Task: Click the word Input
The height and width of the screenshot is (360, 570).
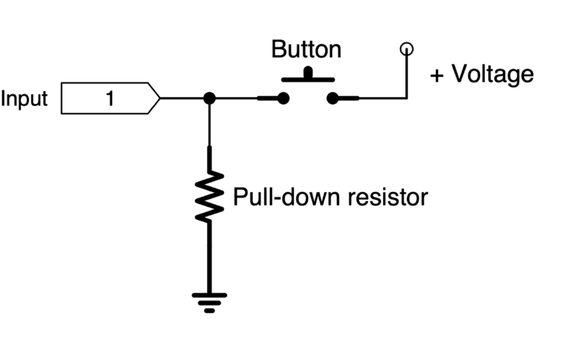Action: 24,99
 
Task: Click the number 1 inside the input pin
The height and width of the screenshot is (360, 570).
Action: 108,99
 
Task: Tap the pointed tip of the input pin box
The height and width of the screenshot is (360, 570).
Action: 159,98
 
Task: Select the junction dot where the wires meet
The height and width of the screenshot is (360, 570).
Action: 209,98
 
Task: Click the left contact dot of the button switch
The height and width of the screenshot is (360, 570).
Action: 283,98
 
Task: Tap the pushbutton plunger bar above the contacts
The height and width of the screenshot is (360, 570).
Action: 307,76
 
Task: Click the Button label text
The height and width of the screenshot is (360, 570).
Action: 306,50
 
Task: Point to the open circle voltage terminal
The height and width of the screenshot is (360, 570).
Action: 406,50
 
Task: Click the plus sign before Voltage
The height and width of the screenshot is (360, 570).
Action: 436,74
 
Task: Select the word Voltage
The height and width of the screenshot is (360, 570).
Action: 493,74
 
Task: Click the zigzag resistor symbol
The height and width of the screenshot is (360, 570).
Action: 209,194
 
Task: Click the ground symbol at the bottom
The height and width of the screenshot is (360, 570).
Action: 209,301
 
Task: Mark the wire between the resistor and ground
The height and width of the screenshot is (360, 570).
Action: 209,256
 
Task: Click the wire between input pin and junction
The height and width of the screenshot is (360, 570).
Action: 183,98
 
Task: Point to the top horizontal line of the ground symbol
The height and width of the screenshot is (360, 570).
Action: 209,295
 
